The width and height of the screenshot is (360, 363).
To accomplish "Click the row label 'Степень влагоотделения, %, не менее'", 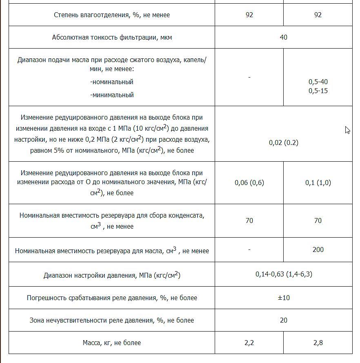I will [x=111, y=15].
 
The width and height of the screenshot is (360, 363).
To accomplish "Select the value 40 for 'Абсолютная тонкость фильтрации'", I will [x=283, y=37].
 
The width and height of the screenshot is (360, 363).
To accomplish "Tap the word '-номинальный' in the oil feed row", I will [x=111, y=82].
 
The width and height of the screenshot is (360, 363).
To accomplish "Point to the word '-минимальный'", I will [x=111, y=95].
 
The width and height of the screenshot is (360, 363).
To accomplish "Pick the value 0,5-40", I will [x=318, y=82].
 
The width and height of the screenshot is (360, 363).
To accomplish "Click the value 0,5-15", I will [x=318, y=91].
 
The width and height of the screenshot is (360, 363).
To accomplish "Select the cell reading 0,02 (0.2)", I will [x=283, y=143].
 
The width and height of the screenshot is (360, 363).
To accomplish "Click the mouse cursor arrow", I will [x=347, y=130].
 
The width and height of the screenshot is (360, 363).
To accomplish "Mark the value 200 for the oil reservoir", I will [x=318, y=249].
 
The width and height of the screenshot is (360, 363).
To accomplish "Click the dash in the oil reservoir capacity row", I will [x=249, y=249].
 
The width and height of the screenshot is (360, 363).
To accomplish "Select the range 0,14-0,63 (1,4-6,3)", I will [x=284, y=274].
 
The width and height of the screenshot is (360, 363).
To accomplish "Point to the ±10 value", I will [x=283, y=298].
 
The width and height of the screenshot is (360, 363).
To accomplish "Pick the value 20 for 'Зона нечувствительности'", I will [x=283, y=320].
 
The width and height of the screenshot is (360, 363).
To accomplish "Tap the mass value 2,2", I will [x=249, y=343].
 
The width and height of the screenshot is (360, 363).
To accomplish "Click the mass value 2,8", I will [x=318, y=343].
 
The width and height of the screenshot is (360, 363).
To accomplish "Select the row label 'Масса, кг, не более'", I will [x=111, y=343].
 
